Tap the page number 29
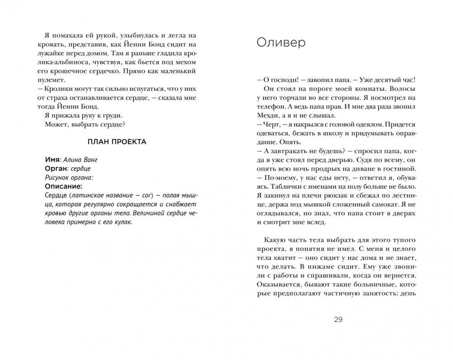click(x=338, y=320)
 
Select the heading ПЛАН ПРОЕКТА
click(x=116, y=142)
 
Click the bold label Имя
click(x=53, y=160)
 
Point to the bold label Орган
click(x=57, y=168)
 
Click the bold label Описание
click(x=64, y=186)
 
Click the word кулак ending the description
click(x=125, y=222)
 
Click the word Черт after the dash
click(x=269, y=124)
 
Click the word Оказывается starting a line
click(x=277, y=284)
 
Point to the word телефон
click(x=268, y=106)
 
